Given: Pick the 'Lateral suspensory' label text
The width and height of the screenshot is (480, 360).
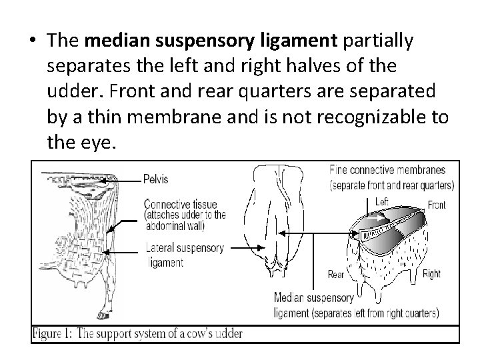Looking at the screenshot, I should [x=184, y=247].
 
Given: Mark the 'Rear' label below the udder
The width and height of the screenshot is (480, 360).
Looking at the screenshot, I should [x=336, y=274].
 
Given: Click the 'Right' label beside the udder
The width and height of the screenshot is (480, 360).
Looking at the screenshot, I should [x=431, y=273].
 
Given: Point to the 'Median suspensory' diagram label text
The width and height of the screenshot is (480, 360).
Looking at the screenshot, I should [x=316, y=298].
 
